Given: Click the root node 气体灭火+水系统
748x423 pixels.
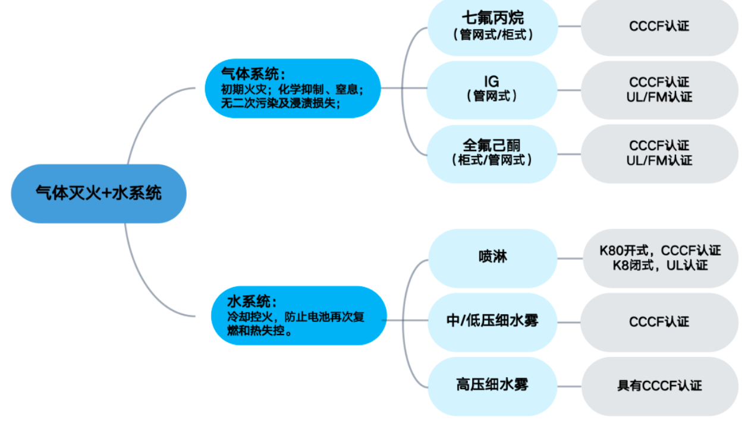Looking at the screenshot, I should point(99,193).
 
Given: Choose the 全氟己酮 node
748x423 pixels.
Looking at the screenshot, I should point(492,145).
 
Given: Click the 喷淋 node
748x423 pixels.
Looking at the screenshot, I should point(493,258).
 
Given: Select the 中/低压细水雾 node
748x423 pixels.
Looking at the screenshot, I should point(492,321).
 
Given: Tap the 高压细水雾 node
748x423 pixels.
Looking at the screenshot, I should point(492,385).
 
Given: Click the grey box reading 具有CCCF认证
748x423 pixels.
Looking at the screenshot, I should point(659,386).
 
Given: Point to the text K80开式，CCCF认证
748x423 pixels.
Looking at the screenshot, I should point(660,251).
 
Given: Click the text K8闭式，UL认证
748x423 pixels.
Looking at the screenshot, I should point(660,265).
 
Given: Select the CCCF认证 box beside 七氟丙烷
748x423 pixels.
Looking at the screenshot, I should point(659,26).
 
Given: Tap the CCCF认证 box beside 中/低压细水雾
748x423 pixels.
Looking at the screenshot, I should point(659,322).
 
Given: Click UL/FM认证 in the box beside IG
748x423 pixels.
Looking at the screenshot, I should point(659,97).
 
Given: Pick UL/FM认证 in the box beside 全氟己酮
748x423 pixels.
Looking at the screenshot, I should point(659,160).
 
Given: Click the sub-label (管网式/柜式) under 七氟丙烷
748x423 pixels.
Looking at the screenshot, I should point(492,35).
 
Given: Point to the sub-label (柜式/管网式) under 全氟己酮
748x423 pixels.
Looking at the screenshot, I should point(492,160).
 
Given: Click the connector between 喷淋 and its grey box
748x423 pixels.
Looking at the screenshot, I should point(570,258).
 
